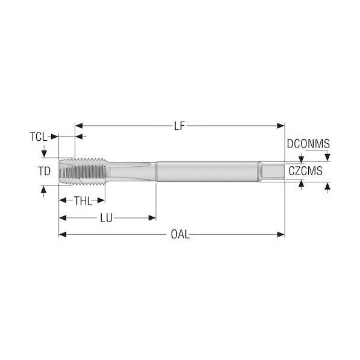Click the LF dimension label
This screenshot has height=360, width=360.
179,126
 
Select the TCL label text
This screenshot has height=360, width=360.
39,137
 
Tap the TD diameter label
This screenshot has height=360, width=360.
45,172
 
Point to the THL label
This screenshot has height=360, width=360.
83,201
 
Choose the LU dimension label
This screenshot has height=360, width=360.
107,218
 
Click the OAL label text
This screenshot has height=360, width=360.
181,235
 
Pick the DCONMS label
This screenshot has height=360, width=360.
308,144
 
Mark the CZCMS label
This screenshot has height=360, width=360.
305,171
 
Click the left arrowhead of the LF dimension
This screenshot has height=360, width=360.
79,126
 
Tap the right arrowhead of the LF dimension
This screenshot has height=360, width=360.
281,126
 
